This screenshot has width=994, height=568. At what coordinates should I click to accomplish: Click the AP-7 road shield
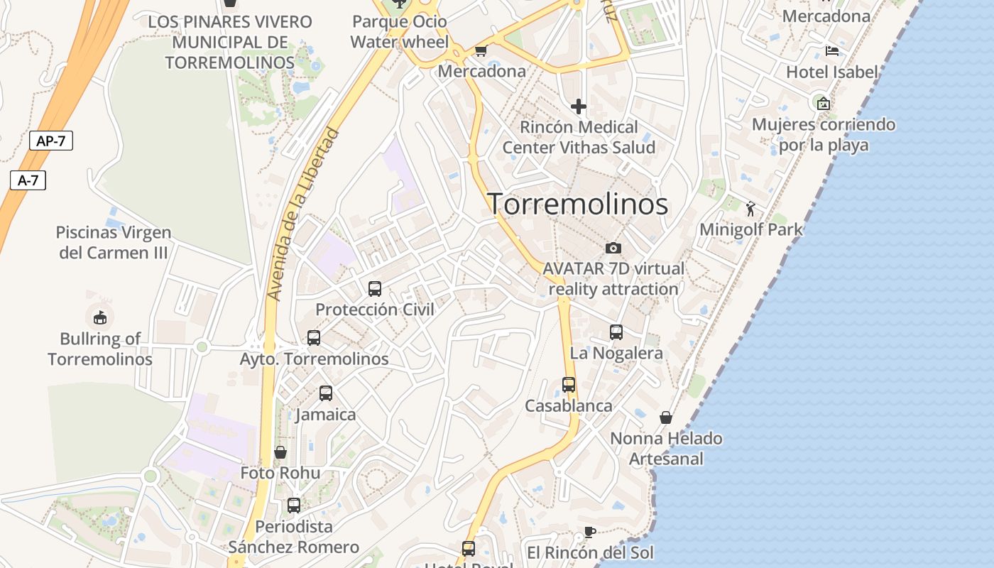click(51, 141)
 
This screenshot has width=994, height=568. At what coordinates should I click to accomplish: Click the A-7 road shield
click(28, 180)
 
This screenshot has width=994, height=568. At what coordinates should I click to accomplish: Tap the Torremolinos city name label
click(577, 204)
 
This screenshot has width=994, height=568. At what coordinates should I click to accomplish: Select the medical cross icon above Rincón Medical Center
click(579, 106)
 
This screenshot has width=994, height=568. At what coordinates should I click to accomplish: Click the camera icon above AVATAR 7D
click(613, 248)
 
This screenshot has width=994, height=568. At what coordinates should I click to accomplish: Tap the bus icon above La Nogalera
click(616, 332)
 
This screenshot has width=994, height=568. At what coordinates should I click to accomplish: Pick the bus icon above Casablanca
click(569, 385)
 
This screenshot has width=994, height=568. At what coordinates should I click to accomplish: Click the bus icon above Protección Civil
click(375, 289)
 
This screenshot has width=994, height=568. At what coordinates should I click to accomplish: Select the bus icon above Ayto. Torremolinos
click(314, 338)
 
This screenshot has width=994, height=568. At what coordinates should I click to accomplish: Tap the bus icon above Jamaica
click(326, 393)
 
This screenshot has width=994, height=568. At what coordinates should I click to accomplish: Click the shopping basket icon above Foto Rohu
click(280, 452)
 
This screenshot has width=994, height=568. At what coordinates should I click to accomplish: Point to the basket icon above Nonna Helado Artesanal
click(666, 417)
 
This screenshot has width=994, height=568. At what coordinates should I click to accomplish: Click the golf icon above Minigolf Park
click(750, 209)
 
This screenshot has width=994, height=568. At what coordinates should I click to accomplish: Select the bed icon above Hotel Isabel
click(832, 51)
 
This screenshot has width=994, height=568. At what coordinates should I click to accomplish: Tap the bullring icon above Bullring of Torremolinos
click(99, 317)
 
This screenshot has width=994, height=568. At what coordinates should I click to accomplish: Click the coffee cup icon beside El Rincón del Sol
click(589, 532)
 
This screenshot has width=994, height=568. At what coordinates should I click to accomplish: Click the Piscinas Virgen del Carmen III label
click(114, 242)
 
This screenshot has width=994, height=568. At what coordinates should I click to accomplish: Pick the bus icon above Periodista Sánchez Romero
click(294, 506)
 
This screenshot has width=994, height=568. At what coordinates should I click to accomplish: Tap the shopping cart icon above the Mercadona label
click(481, 50)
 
